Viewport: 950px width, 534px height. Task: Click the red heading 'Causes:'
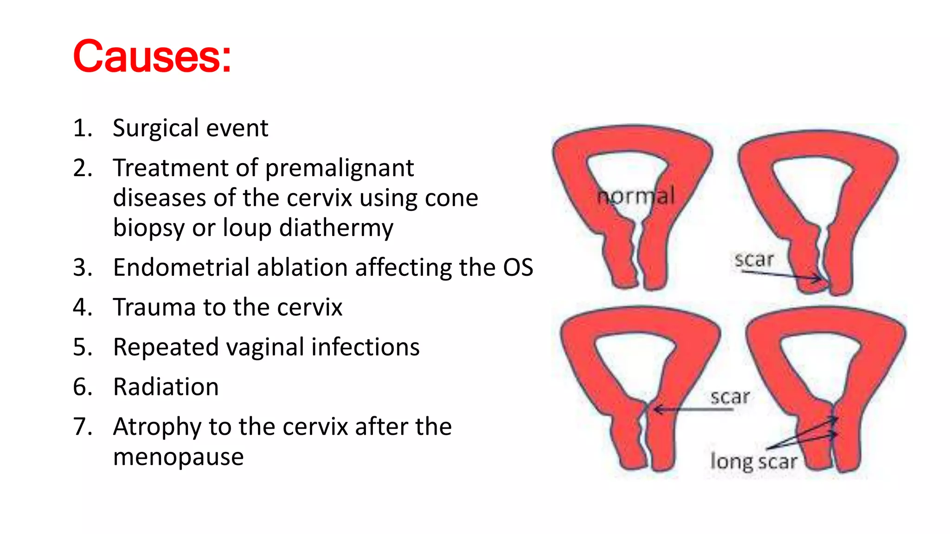[152, 57]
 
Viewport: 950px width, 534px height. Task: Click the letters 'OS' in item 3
[518, 267]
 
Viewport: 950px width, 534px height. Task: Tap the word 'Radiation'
[166, 387]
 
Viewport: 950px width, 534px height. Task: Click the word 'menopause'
[178, 457]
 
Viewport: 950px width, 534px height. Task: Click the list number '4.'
[83, 307]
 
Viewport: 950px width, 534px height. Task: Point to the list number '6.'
[83, 387]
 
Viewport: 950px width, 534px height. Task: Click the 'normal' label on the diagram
[636, 196]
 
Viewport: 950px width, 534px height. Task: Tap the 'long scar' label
[754, 462]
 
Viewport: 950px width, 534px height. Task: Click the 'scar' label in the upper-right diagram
[754, 260]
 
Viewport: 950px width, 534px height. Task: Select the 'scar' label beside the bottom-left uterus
[730, 397]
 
